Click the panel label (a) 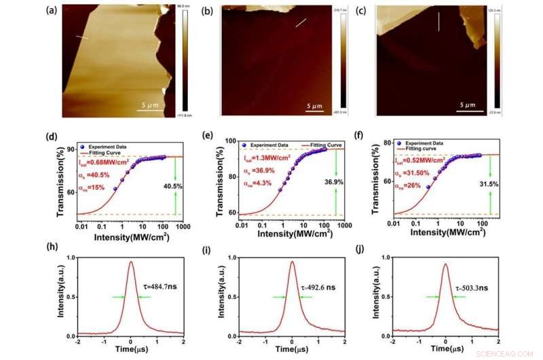(x=50, y=11)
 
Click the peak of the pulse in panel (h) (x=130, y=262)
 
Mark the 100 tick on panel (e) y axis (x=229, y=142)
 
